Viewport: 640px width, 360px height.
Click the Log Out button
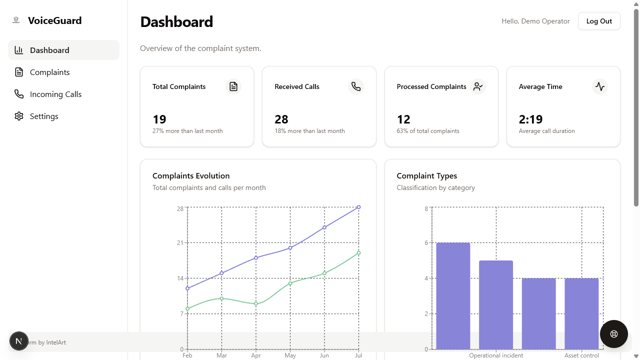coord(599,21)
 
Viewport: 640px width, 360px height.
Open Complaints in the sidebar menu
coord(49,72)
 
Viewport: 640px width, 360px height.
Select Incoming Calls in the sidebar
coord(55,94)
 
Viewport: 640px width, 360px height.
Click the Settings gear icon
coord(19,116)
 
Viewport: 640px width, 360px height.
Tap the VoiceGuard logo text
coord(55,20)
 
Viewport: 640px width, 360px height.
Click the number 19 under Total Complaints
coord(159,119)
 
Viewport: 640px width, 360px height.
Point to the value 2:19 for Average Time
coord(530,119)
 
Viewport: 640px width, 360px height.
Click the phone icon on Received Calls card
coord(355,86)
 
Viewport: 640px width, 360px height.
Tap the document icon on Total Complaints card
coord(233,86)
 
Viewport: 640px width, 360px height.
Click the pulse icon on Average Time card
coord(599,86)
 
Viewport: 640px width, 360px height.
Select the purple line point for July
coord(358,207)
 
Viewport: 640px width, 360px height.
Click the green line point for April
coord(256,303)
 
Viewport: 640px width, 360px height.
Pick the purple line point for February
coord(187,288)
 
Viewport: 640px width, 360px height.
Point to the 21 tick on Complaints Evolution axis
coord(180,243)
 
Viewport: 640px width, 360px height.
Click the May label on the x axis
coord(290,355)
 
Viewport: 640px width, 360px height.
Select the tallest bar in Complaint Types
coord(453,296)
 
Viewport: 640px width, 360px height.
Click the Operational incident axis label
coord(496,355)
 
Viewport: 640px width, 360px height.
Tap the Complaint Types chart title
coord(427,175)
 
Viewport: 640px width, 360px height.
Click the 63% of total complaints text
coord(428,131)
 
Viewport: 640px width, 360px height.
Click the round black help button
coord(613,334)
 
